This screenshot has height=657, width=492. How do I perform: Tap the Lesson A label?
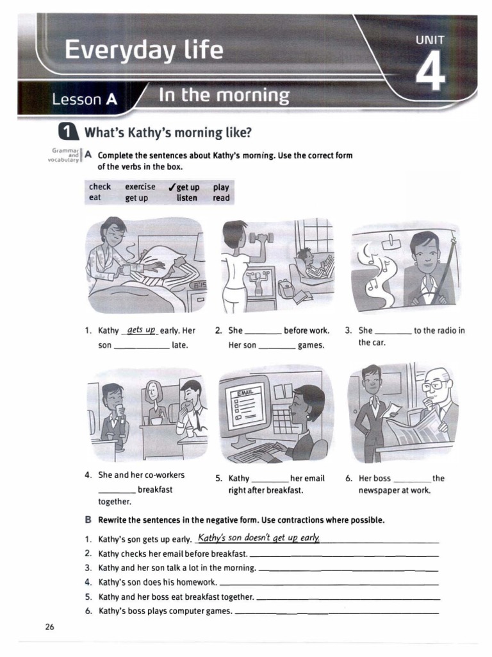click(85, 99)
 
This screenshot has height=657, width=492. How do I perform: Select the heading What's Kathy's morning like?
click(168, 133)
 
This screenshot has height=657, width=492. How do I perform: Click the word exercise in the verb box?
click(140, 187)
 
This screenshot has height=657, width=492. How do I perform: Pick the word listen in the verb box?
click(187, 198)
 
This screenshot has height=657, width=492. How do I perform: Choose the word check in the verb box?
click(100, 187)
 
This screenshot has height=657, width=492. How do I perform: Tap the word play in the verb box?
click(221, 187)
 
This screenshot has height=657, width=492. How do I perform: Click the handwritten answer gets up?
click(142, 330)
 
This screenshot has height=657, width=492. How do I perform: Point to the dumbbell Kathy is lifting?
click(261, 237)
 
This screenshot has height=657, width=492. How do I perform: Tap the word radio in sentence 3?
click(445, 331)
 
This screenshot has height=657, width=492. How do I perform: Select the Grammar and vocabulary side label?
click(63, 155)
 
